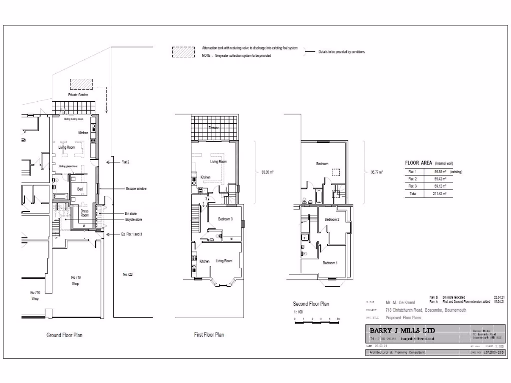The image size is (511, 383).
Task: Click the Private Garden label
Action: tap(78, 94)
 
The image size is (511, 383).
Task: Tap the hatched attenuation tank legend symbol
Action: tap(183, 52)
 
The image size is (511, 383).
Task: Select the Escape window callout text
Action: tap(136, 189)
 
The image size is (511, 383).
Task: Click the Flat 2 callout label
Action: tap(125, 162)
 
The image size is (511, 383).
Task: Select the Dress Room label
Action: tap(84, 213)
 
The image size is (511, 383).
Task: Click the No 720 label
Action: tap(128, 274)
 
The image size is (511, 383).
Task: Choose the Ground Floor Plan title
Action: tap(64, 335)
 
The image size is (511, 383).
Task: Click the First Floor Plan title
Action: tap(209, 335)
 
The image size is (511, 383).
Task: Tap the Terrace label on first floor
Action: tap(214, 128)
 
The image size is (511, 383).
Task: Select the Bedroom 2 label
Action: tap(332, 219)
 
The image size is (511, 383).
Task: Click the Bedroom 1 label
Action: tap(329, 263)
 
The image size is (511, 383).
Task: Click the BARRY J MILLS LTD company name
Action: tap(402, 331)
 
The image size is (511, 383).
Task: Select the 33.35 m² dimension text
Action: tap(267, 172)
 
